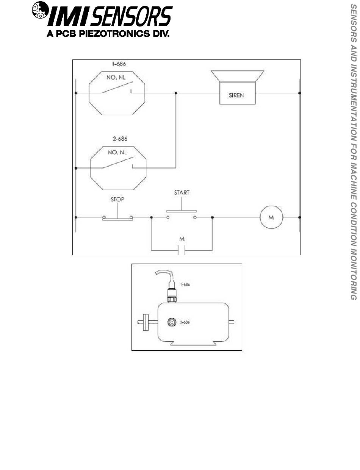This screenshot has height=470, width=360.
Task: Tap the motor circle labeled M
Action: pos(271,217)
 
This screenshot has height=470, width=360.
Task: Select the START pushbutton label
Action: pos(182,193)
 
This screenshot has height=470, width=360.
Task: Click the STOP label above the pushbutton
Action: pos(117,199)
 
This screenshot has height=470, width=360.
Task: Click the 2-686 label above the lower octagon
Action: pos(119,139)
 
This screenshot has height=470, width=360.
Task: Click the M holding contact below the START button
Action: pos(182,249)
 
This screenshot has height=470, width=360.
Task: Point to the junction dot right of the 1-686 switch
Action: pos(175,93)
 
